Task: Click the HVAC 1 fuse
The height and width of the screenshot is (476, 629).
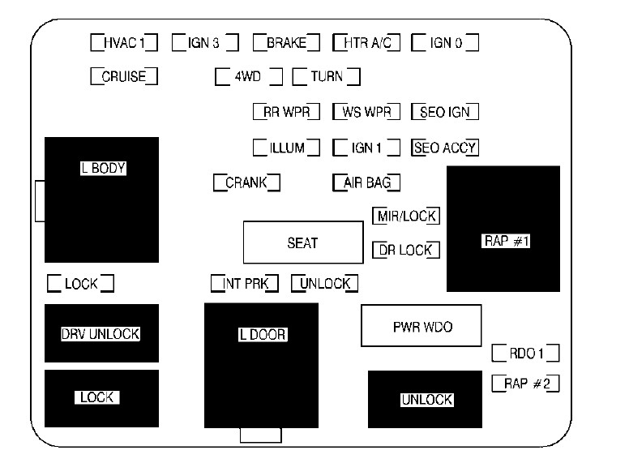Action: click(x=123, y=42)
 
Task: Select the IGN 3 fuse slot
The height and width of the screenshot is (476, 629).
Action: click(x=204, y=42)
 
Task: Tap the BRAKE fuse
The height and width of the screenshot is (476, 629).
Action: click(x=285, y=42)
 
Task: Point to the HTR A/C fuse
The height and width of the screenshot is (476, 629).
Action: click(x=366, y=42)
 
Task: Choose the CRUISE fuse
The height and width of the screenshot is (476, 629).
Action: click(x=123, y=77)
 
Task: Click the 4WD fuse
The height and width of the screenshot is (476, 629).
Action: click(x=248, y=77)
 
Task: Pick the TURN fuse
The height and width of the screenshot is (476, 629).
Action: click(x=326, y=77)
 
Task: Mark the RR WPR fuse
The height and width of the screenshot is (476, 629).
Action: click(x=286, y=112)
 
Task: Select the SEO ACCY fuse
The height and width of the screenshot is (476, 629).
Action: click(x=445, y=148)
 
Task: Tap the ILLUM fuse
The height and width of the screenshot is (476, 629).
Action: click(x=286, y=148)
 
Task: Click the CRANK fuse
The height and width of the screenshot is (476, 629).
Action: click(x=246, y=182)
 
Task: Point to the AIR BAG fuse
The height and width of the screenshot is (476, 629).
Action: click(x=366, y=182)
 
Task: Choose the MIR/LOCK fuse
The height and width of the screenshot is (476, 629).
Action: click(x=406, y=216)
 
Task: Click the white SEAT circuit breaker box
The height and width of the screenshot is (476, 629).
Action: click(x=302, y=242)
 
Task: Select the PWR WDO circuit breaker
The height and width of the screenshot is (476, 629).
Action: click(x=421, y=327)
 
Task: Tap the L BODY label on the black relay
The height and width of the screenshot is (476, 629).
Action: click(x=103, y=169)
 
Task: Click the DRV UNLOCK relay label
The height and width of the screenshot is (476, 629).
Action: click(x=101, y=334)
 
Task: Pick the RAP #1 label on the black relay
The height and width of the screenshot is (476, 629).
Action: click(x=503, y=242)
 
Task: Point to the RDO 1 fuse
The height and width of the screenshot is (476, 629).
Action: click(x=525, y=354)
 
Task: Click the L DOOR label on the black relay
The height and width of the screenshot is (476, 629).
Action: click(x=262, y=335)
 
